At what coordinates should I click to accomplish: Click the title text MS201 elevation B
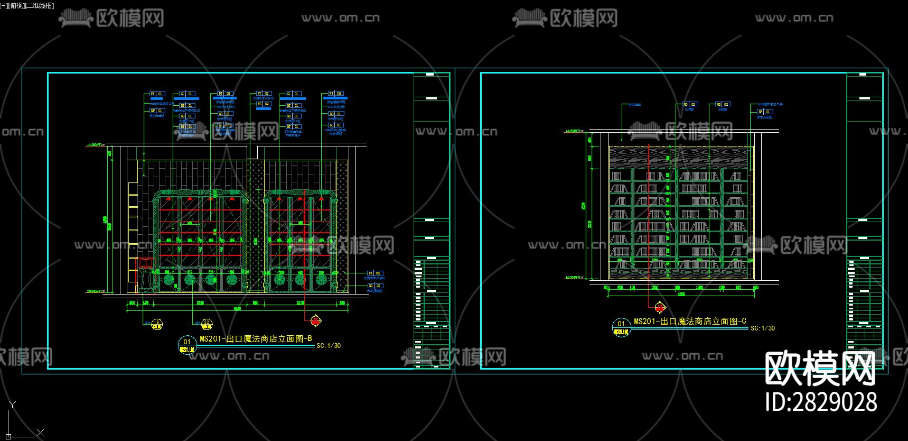pos(256,338)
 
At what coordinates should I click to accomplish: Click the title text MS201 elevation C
pos(690,321)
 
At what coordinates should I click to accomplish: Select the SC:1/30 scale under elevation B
pos(329,346)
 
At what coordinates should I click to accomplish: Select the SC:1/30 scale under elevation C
pos(763,328)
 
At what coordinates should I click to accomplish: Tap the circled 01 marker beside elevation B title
pos(187,344)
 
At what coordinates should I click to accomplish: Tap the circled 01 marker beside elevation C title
pos(621,327)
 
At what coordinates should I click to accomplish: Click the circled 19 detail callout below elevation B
pos(156,324)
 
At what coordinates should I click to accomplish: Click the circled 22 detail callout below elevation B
pos(207,324)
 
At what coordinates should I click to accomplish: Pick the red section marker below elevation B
pos(315,320)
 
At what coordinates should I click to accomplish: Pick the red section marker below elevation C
pos(660,307)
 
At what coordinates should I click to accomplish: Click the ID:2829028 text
pos(821,402)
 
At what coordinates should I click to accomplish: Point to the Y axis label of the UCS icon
pos(13,405)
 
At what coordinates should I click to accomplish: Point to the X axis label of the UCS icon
pos(41,433)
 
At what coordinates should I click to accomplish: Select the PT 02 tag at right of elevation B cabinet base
pos(375,273)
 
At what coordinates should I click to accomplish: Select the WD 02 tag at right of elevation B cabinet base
pos(375,286)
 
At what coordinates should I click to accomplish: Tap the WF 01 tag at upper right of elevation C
pos(765,112)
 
